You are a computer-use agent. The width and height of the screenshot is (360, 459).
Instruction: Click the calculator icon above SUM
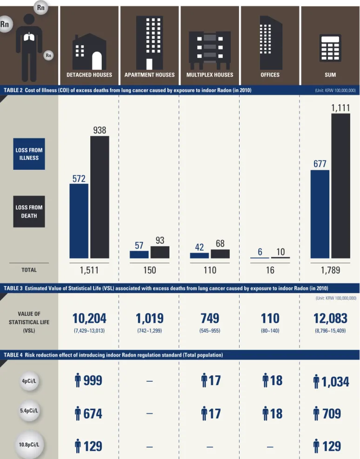[x=330, y=48]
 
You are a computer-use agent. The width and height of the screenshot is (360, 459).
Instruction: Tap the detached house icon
[x=89, y=51]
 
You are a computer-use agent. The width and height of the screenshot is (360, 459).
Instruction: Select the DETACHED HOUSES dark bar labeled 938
[x=100, y=197]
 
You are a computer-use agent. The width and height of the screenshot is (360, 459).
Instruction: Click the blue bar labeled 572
[x=79, y=221]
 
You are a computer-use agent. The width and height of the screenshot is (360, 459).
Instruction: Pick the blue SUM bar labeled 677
[x=320, y=214]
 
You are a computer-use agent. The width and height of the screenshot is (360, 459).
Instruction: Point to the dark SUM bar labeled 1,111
[x=340, y=186]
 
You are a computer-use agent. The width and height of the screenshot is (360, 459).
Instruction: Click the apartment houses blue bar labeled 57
[x=139, y=255]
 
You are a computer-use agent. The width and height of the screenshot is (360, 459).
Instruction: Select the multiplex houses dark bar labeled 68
[x=220, y=254]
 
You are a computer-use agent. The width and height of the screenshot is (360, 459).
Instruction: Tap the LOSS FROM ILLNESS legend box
[x=29, y=154]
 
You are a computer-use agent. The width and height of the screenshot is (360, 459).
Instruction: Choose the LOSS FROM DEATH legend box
[x=29, y=212]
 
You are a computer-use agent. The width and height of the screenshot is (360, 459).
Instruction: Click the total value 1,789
[x=330, y=270]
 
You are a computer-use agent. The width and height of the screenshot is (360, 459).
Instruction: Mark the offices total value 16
[x=270, y=270]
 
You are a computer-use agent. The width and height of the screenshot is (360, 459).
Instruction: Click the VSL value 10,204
[x=89, y=318]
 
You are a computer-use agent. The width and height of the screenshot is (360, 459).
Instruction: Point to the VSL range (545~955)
[x=210, y=331]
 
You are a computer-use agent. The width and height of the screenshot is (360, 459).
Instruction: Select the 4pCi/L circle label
[x=29, y=381]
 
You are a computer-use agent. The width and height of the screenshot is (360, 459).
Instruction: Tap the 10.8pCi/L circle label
[x=29, y=445]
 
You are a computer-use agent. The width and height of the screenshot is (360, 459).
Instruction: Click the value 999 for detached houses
[x=93, y=380]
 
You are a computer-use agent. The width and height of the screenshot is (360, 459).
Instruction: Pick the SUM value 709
[x=332, y=413]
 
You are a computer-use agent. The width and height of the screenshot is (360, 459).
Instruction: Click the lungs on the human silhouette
[x=29, y=37]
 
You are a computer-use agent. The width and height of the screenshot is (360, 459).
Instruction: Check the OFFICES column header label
[x=270, y=75]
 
